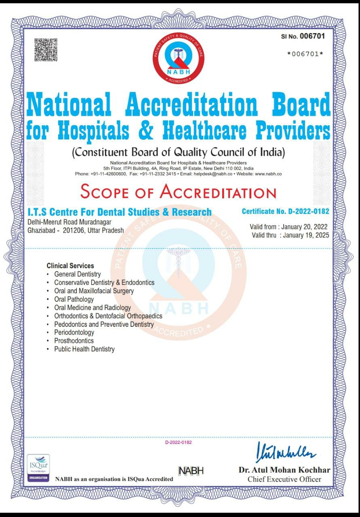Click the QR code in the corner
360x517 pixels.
click(x=46, y=50)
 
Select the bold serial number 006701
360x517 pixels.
click(x=312, y=36)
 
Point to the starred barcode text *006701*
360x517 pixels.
click(x=305, y=54)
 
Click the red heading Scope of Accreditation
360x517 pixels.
click(x=178, y=191)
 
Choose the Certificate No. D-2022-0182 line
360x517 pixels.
click(x=285, y=211)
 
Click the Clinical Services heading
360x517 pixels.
click(x=70, y=266)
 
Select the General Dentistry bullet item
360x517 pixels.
click(x=78, y=274)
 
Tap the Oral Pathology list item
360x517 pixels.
click(x=74, y=299)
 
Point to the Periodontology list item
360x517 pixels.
click(x=74, y=332)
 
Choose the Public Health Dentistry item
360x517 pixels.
click(x=84, y=349)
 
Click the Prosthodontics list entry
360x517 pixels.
click(x=74, y=340)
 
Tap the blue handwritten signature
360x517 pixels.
click(x=286, y=452)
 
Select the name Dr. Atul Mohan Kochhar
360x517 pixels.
click(x=284, y=470)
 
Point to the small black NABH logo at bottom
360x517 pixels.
click(x=191, y=471)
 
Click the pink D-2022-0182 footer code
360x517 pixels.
click(x=178, y=442)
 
